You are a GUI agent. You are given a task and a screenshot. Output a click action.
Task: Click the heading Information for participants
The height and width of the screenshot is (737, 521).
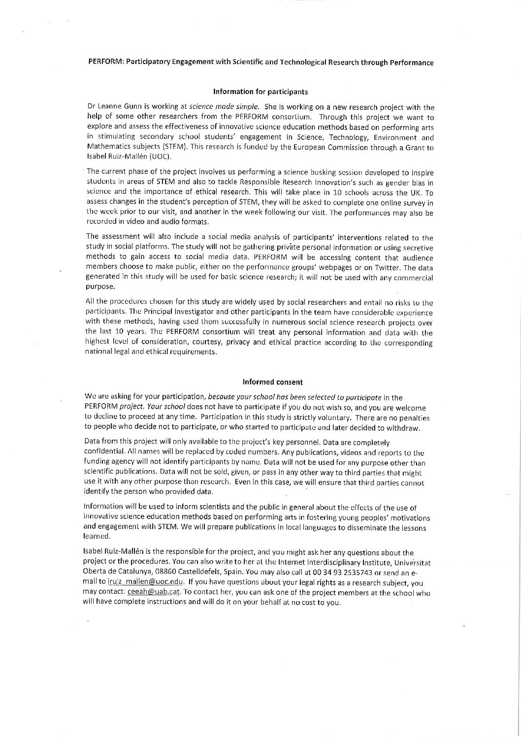click(x=260, y=92)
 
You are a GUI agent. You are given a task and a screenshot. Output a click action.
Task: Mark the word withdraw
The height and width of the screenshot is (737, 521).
click(x=404, y=428)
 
